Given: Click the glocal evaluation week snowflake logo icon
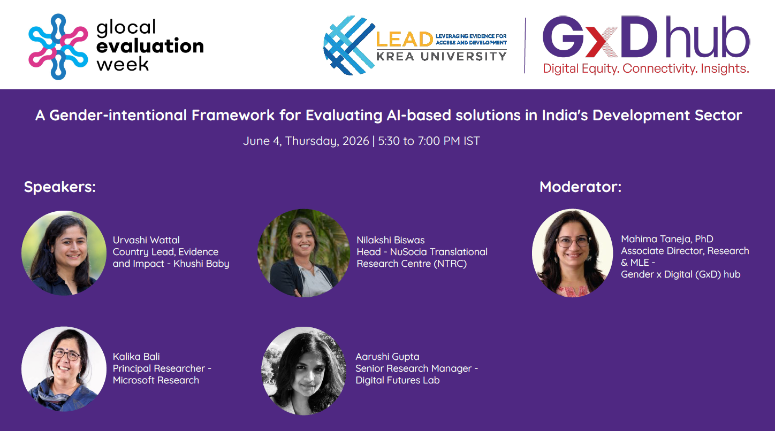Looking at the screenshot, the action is (58, 47).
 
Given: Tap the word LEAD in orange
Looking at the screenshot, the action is (405, 40).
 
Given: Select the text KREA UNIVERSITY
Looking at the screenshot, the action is (442, 56).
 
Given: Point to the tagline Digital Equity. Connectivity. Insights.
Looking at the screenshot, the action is (646, 68).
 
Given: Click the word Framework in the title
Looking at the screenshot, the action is (233, 115).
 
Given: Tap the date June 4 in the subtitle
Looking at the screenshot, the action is (262, 141).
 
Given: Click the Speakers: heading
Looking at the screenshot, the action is (60, 187).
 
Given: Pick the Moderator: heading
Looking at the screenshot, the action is (581, 187).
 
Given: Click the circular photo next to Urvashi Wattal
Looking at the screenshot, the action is (64, 253).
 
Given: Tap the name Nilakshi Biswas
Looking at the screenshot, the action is (391, 240).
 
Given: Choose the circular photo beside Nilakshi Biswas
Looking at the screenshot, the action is (303, 253).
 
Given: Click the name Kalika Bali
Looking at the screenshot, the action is (136, 356).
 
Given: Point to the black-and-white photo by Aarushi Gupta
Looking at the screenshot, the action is (304, 371).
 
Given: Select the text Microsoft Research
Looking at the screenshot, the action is (156, 380).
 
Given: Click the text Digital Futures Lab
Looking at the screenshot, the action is (398, 380).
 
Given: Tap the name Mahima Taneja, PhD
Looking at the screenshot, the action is (667, 239).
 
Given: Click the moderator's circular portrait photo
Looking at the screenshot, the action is (572, 253).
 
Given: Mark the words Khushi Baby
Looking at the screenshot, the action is (201, 264).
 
